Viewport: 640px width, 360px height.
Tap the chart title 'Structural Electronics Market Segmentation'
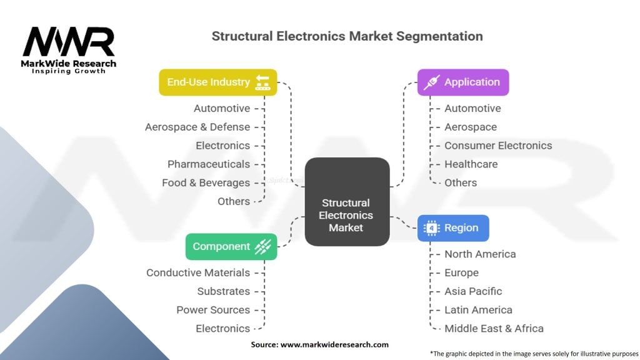point(347,36)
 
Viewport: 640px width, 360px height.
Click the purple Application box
point(463,82)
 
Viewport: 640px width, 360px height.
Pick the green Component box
point(231,246)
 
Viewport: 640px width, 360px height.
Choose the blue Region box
point(453,228)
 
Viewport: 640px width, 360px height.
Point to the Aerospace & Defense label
point(197,127)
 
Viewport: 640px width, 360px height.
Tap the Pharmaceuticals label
point(209,164)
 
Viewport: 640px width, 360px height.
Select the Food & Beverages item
point(206,182)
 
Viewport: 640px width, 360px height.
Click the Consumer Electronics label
point(498,145)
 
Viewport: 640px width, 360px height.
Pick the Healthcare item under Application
point(471,164)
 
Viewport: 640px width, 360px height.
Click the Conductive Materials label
point(198,272)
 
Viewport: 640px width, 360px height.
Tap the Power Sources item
point(213,309)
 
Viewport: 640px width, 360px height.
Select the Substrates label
point(223,291)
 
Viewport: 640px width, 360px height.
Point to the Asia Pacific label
point(473,291)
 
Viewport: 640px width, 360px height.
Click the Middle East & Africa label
point(494,328)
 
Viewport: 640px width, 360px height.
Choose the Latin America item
point(478,309)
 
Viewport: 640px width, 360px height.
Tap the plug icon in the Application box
point(431,82)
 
